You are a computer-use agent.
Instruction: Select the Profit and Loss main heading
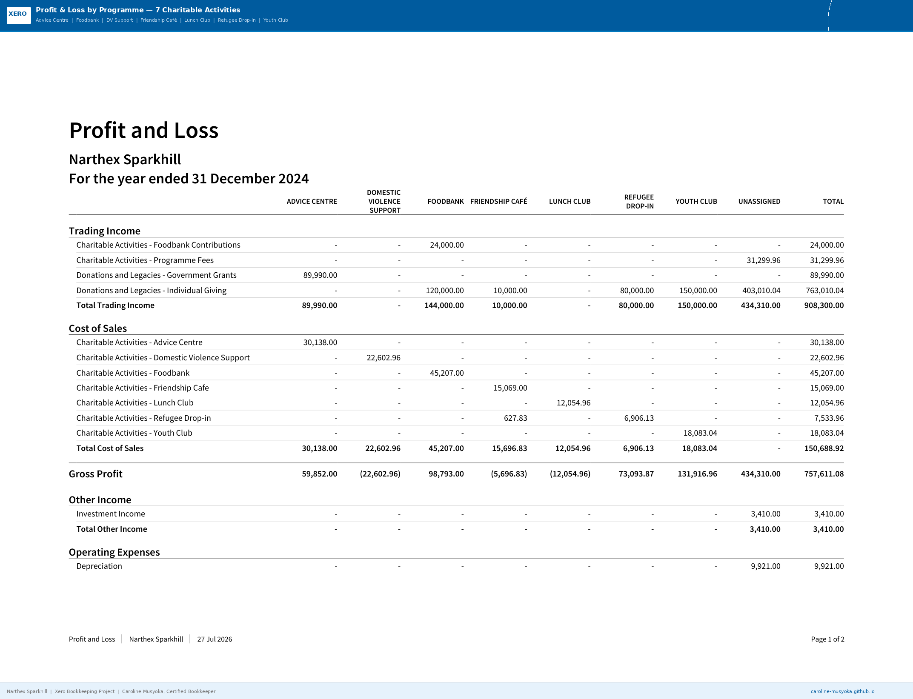tap(144, 130)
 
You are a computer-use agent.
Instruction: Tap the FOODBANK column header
tap(445, 202)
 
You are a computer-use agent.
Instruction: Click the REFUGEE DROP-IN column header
tap(639, 202)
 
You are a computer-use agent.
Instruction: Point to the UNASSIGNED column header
tap(759, 202)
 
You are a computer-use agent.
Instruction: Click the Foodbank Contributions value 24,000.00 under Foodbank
tap(446, 245)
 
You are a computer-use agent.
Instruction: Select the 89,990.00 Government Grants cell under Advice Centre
tap(320, 275)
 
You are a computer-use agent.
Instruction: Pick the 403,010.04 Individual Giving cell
tap(761, 291)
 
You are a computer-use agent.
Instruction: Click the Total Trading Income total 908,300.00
tap(824, 305)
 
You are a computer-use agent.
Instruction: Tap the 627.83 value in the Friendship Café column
tap(515, 418)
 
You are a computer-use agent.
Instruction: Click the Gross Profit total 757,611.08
tap(824, 474)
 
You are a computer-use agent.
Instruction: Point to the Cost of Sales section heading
tap(98, 328)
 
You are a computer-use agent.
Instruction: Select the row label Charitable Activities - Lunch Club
tap(135, 403)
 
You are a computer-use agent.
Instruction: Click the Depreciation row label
tap(99, 566)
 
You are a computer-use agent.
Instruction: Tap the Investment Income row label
tap(111, 514)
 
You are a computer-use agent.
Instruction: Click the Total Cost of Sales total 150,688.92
tap(824, 448)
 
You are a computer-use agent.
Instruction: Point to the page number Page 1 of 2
tap(827, 639)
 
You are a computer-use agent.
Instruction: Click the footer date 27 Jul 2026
tap(215, 639)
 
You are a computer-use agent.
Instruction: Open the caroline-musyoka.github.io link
tap(842, 691)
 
